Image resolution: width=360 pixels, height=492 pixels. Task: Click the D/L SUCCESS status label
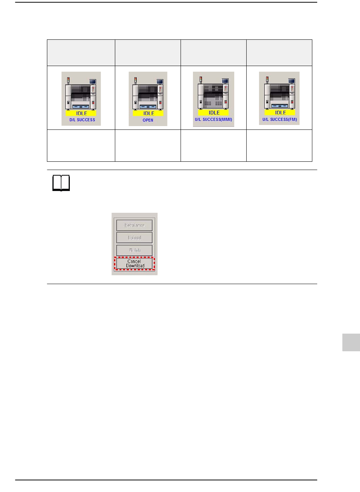82,120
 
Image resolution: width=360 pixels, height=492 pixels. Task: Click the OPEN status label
148,120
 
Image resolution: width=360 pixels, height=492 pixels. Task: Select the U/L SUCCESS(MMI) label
213,119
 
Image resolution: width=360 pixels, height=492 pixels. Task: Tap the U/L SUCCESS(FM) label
280,119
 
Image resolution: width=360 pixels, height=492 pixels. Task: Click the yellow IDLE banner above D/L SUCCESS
81,113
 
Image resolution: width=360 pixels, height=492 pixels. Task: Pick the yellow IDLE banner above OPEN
148,113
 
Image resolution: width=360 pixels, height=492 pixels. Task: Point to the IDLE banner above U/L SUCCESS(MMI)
214,112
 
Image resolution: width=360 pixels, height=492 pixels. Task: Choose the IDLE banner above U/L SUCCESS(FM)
280,112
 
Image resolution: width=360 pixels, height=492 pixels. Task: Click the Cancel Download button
135,263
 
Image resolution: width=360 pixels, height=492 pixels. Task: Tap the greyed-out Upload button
134,238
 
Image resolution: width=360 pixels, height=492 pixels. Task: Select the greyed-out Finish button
134,250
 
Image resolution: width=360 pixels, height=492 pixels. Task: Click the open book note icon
61,183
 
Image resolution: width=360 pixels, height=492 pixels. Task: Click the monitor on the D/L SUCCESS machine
92,81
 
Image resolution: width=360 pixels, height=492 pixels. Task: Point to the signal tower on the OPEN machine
136,80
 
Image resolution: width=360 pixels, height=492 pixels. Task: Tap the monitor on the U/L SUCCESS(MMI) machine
225,81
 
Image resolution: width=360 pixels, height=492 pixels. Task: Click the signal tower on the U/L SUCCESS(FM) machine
267,80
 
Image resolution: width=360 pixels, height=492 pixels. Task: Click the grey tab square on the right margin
351,342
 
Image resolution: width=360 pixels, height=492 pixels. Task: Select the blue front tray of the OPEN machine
148,107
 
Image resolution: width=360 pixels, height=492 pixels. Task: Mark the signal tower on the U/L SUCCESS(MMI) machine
201,80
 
